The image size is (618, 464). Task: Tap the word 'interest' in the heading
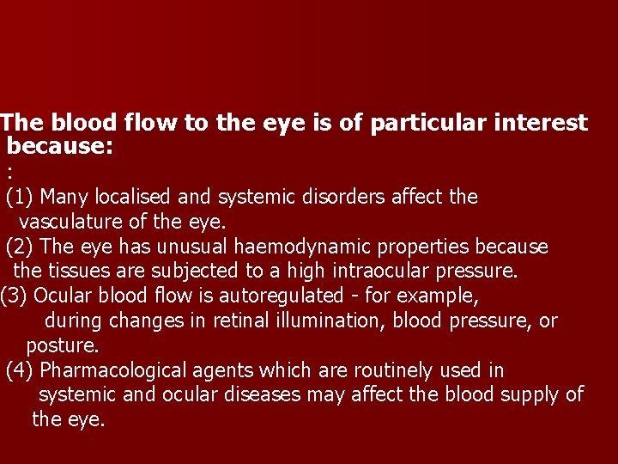(x=545, y=124)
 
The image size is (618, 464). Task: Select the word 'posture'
(x=62, y=346)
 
